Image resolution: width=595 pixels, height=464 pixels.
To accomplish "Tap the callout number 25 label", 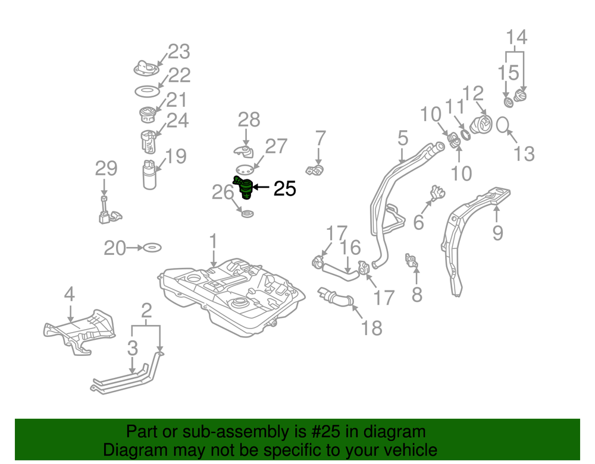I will (284, 189).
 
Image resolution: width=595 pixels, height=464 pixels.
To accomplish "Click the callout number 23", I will (178, 52).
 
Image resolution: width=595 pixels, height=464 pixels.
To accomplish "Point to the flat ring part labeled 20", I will (152, 247).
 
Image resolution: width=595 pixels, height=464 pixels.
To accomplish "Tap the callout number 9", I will (497, 232).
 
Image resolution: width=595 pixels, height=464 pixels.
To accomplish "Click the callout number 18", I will (372, 327).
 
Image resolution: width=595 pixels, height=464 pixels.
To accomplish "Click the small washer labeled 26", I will (247, 212).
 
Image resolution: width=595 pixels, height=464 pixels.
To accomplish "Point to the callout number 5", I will (403, 140).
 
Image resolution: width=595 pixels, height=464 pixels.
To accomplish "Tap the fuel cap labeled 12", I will (482, 126).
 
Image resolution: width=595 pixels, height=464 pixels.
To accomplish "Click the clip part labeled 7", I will (315, 171).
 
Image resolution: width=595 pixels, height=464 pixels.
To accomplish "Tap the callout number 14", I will (516, 37).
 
